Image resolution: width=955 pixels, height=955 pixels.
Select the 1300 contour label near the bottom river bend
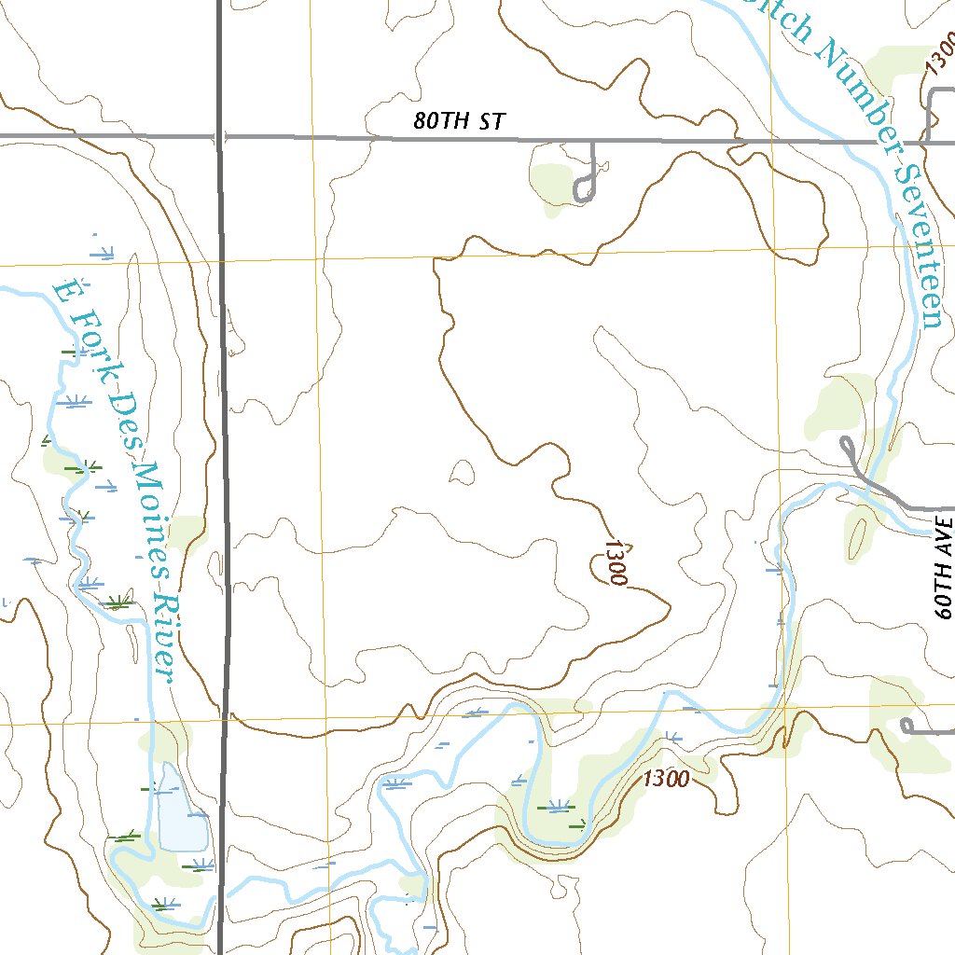pos(666,778)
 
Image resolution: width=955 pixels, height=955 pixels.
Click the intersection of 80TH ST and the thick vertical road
pos(220,136)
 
